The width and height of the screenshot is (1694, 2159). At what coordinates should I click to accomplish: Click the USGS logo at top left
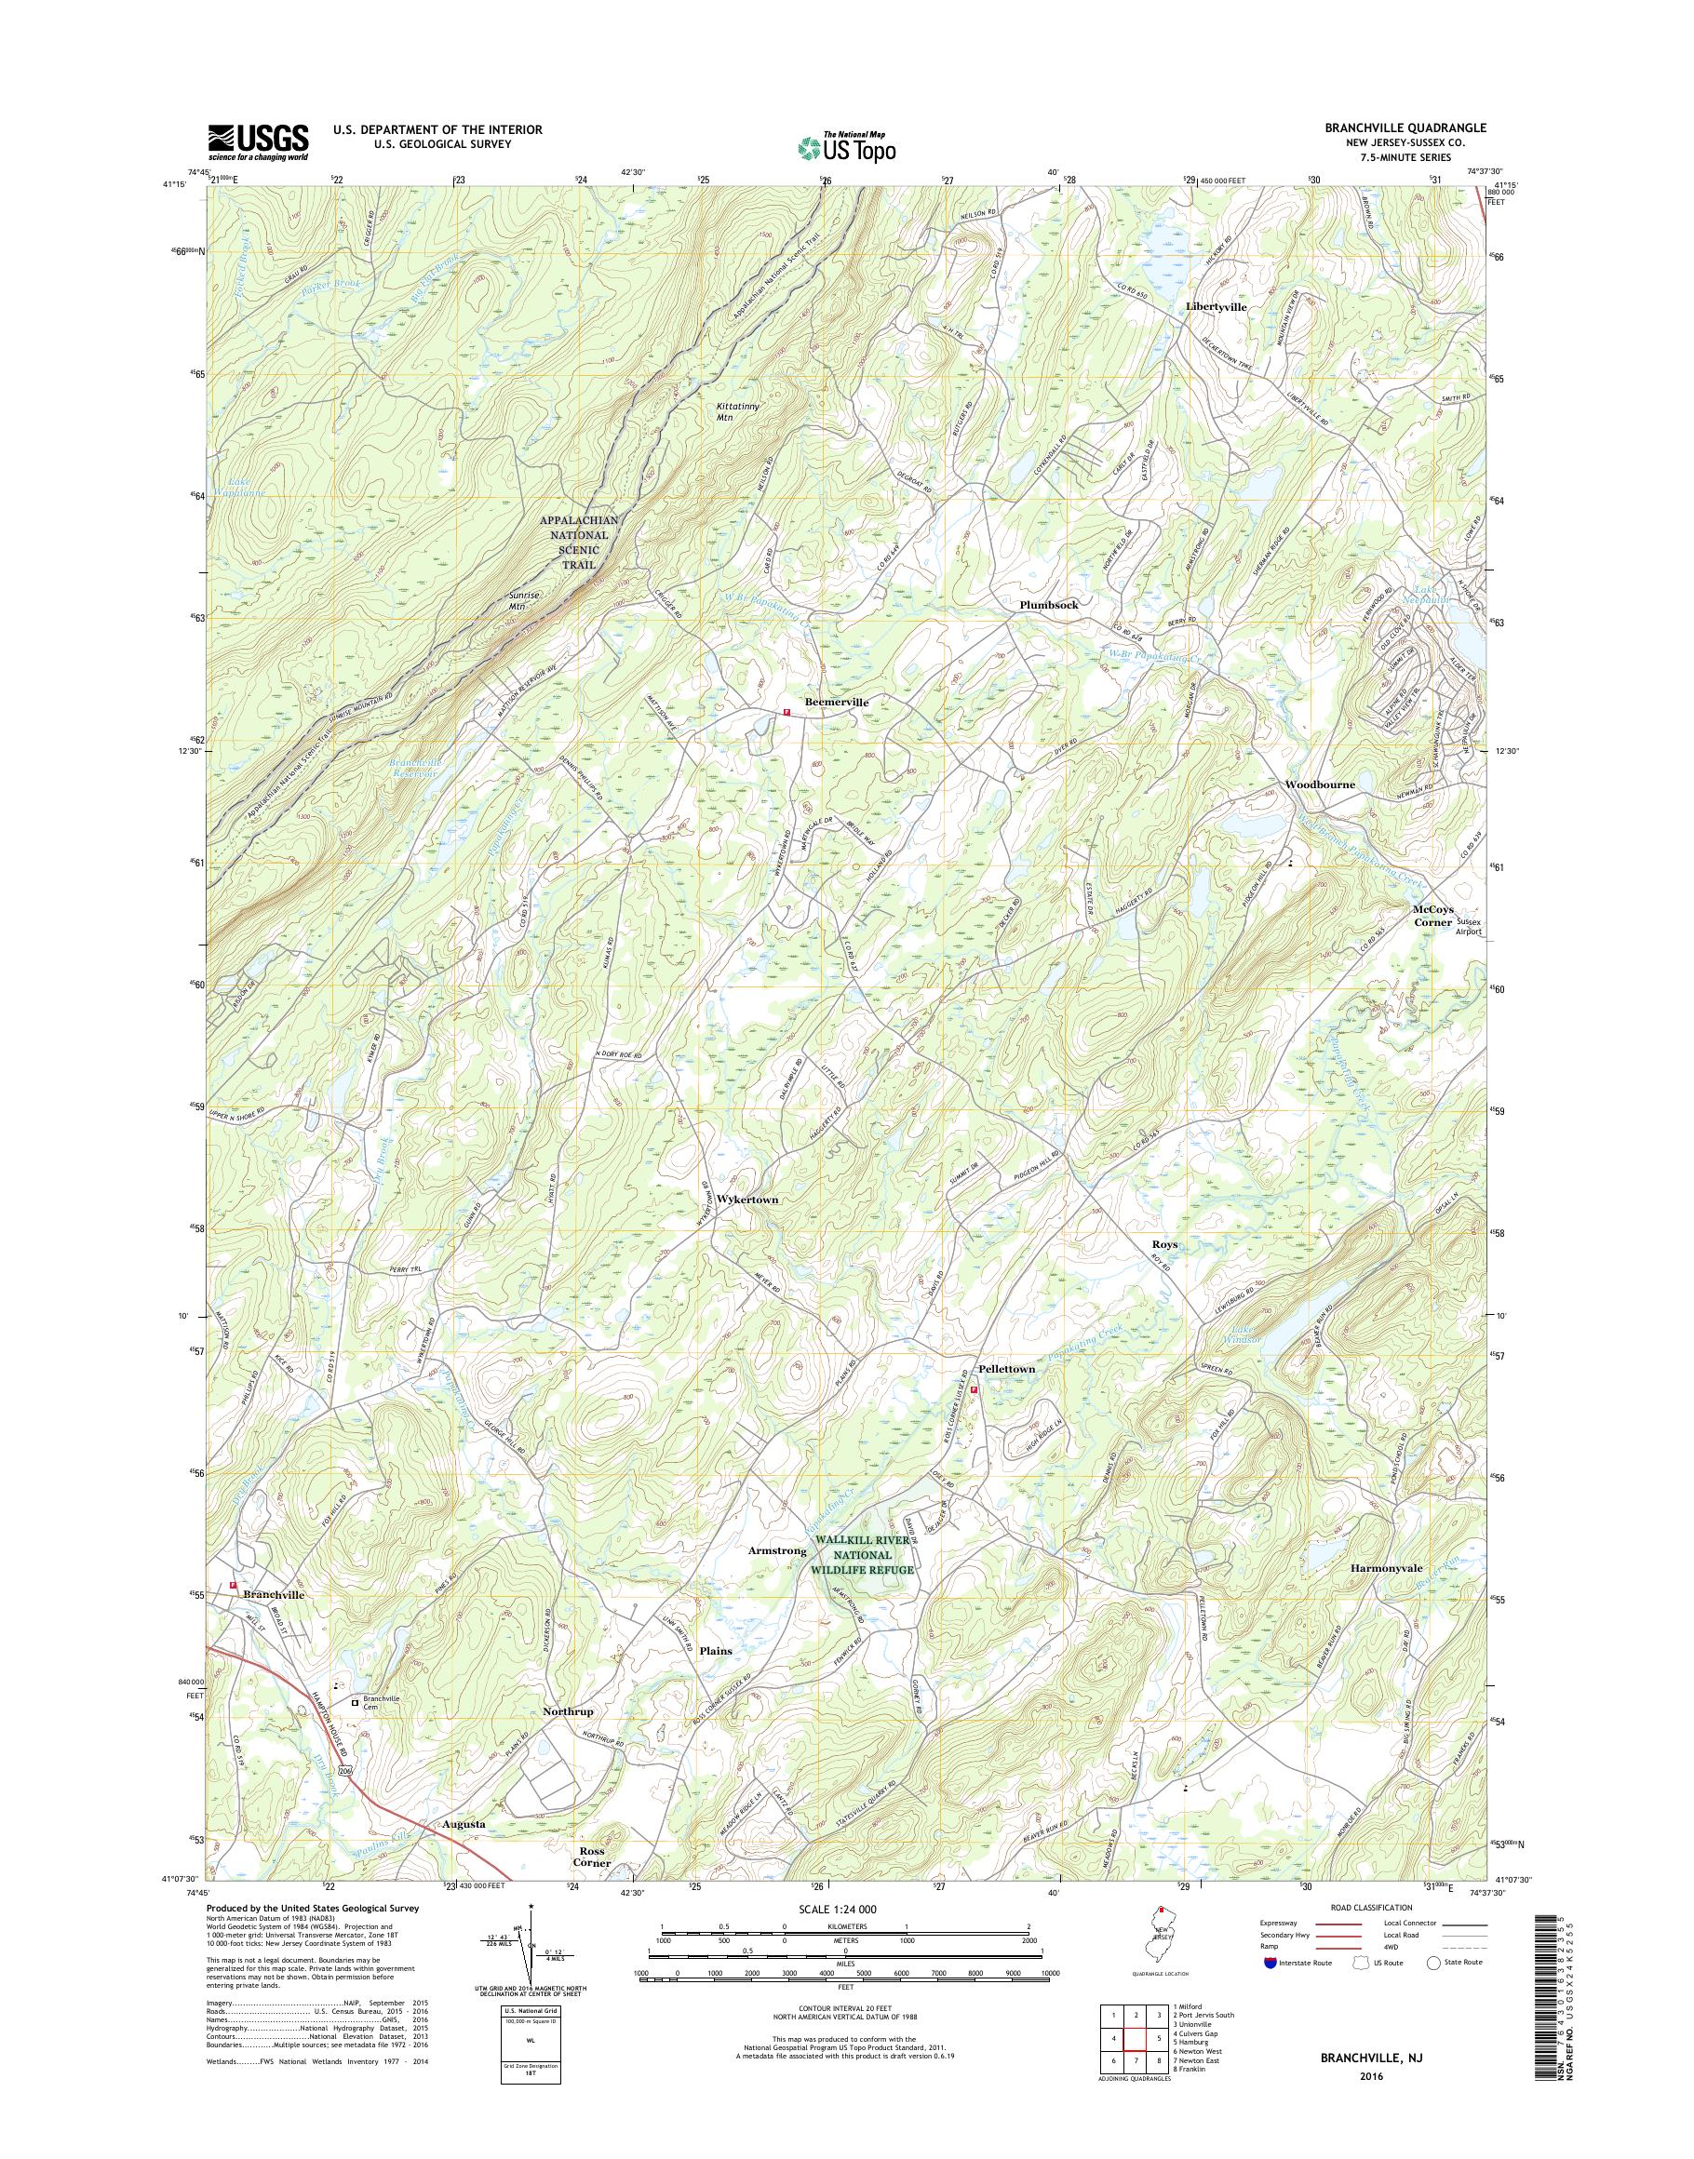click(258, 142)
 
